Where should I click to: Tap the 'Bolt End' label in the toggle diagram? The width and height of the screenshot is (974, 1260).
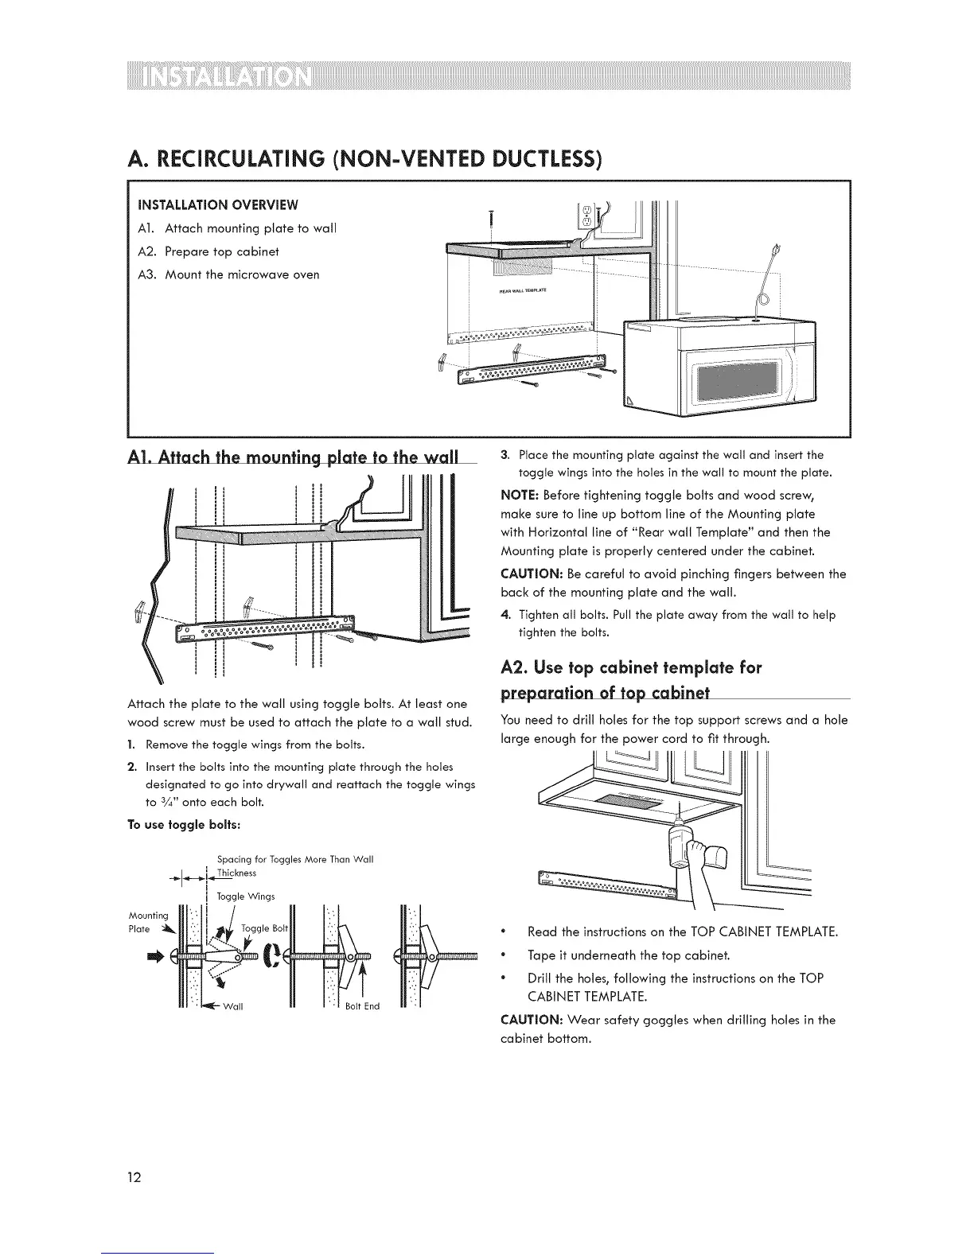pos(362,1005)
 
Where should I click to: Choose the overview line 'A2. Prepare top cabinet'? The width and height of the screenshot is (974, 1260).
pos(211,251)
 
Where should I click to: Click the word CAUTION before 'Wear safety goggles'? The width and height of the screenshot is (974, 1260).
pos(532,1020)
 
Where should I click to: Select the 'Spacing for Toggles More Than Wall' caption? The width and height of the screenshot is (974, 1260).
pos(294,859)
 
